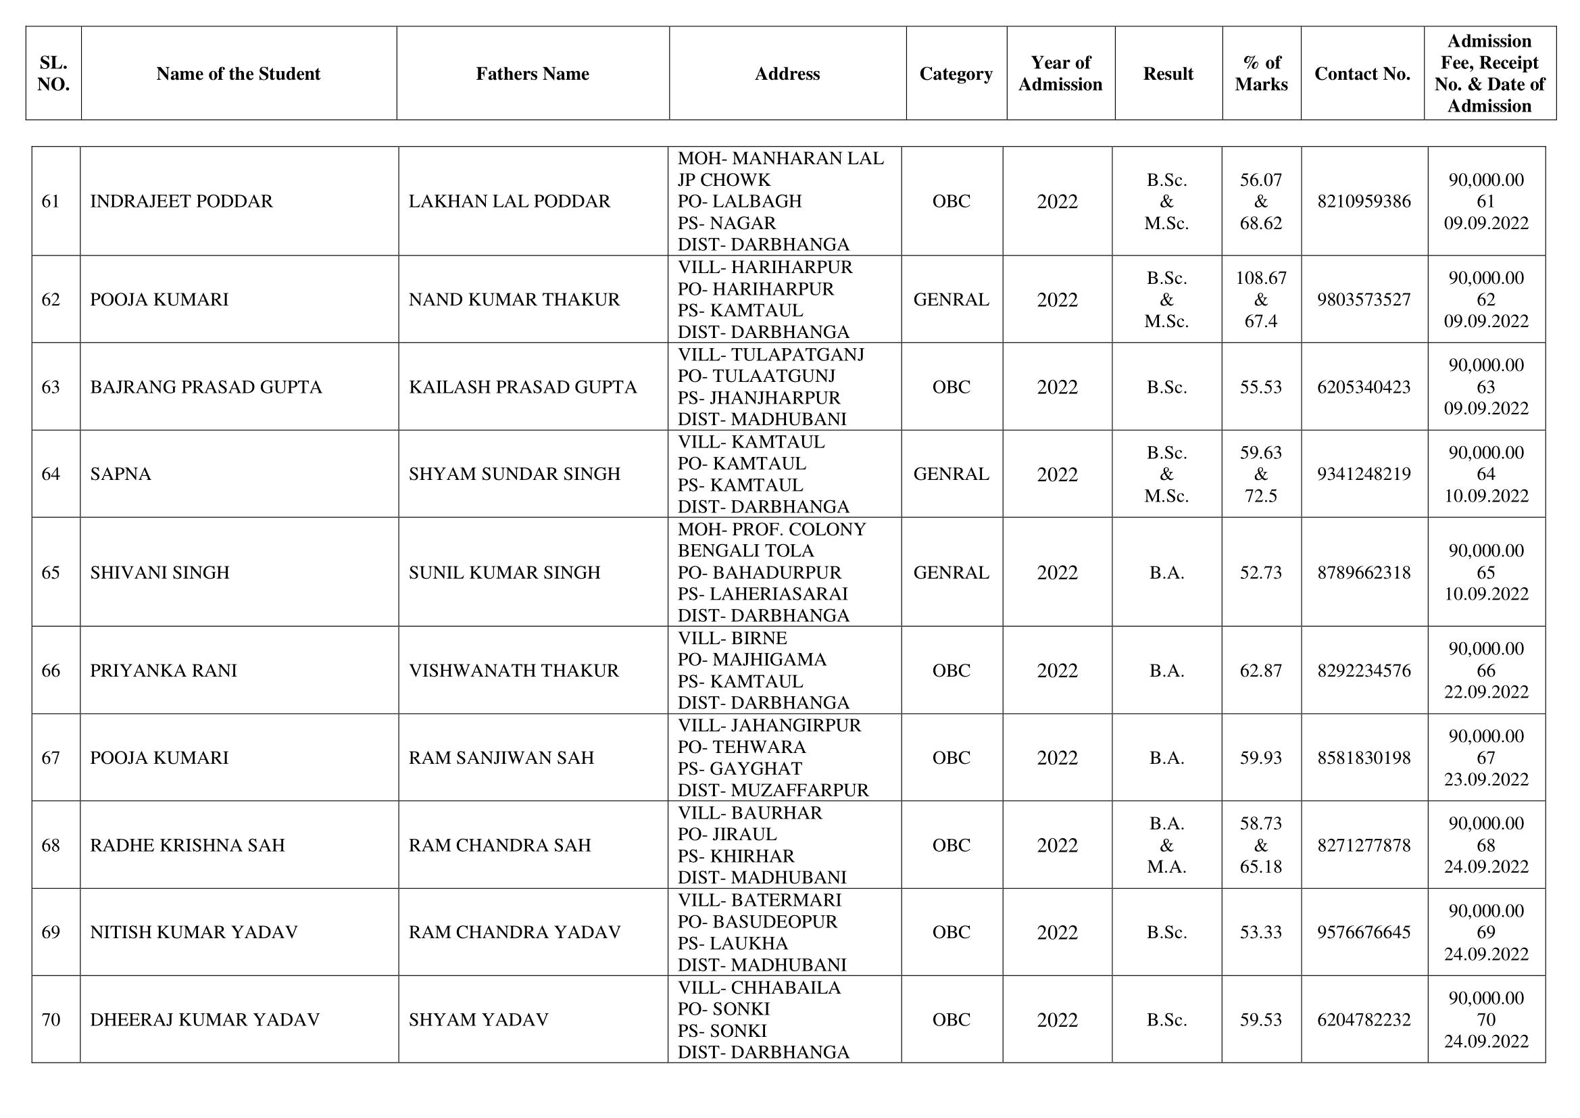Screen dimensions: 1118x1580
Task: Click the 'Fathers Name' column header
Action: click(x=532, y=74)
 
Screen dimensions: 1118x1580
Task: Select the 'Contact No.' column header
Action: click(x=1362, y=74)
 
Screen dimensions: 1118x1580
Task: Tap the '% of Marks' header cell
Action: click(x=1261, y=74)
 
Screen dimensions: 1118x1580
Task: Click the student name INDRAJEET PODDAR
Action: click(x=181, y=201)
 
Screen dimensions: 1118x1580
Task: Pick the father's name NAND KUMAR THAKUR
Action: click(x=514, y=299)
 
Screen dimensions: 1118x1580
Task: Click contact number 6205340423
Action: click(x=1363, y=387)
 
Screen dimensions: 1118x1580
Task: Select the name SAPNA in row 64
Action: click(x=120, y=474)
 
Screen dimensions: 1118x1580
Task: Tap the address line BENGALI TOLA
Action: click(x=745, y=551)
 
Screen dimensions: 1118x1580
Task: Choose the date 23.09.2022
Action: click(x=1485, y=779)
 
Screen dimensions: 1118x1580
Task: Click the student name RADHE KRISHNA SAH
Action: click(x=187, y=845)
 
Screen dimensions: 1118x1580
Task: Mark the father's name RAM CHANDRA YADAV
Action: click(x=514, y=932)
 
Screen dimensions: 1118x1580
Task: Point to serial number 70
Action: click(x=51, y=1019)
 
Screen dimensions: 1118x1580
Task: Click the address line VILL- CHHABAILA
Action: click(x=758, y=988)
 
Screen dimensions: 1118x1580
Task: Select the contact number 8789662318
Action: click(x=1363, y=573)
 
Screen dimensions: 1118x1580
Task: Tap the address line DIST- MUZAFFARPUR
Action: click(x=773, y=790)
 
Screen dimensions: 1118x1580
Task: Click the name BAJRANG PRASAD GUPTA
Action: click(x=205, y=387)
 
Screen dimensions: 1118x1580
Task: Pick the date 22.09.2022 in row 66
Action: click(x=1485, y=692)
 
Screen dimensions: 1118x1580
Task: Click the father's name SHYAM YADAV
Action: click(x=478, y=1019)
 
